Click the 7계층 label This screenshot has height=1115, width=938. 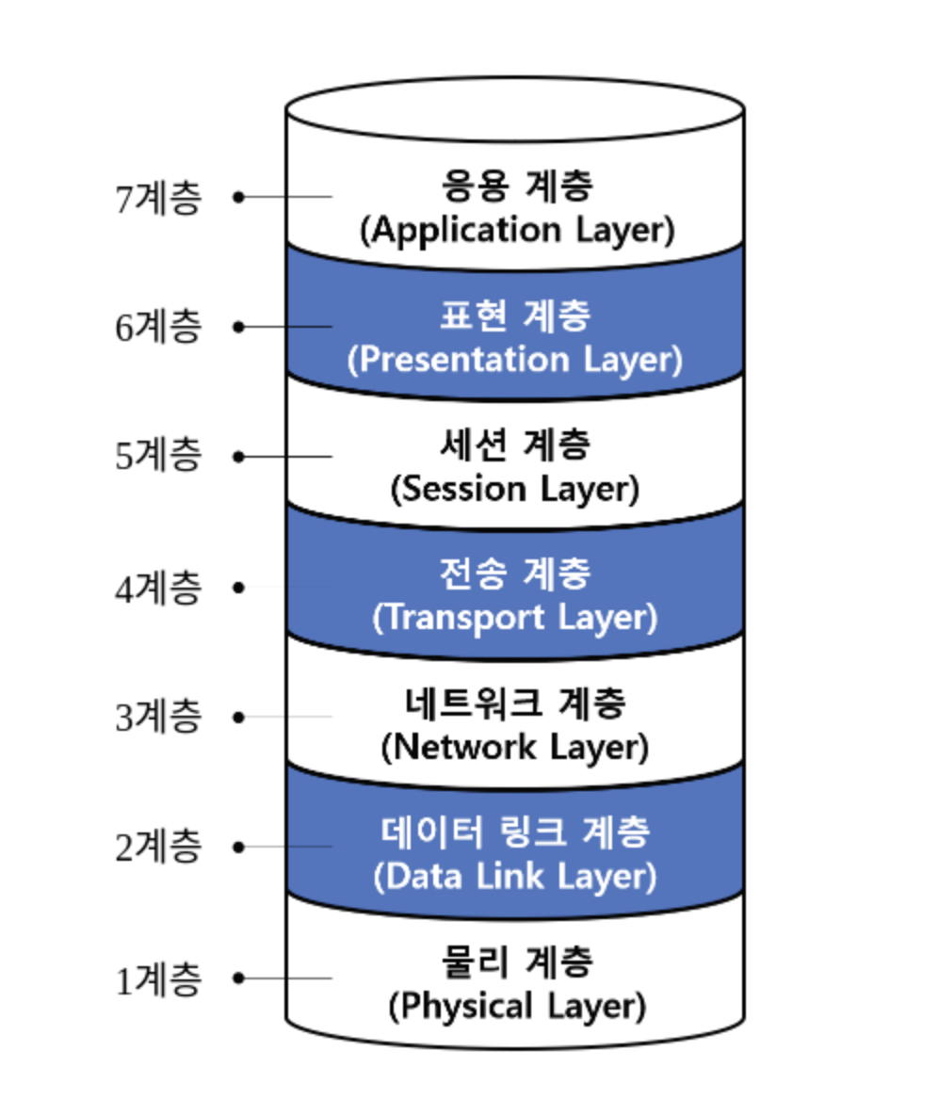tap(158, 198)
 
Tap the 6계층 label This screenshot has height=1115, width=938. tap(158, 328)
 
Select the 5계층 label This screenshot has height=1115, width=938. tap(158, 457)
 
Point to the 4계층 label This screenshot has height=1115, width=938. tap(158, 588)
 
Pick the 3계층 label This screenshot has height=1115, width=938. tap(158, 718)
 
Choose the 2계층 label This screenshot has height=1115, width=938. tap(158, 848)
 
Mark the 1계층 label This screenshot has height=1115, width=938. tap(158, 980)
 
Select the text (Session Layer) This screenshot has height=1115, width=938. tap(515, 490)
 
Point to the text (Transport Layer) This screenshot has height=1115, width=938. tap(514, 620)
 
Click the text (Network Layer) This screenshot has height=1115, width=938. tap(515, 749)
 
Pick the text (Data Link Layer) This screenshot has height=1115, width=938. tap(514, 878)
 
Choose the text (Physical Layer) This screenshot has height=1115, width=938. tap(517, 1008)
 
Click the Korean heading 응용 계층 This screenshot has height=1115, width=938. tap(516, 186)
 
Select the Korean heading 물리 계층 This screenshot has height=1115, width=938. tap(516, 962)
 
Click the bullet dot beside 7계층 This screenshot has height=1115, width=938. tap(239, 197)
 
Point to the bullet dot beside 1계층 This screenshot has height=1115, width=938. tap(239, 978)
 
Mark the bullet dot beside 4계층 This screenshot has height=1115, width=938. tap(239, 588)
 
